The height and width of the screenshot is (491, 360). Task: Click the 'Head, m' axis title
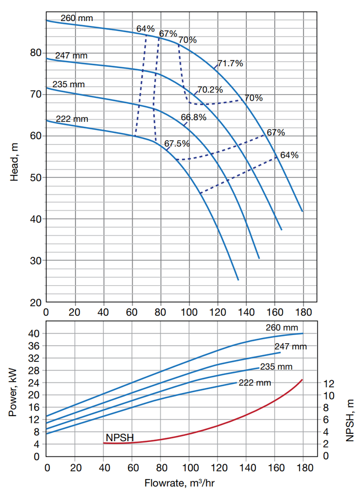coord(14,163)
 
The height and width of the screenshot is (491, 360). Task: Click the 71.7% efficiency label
coord(230,63)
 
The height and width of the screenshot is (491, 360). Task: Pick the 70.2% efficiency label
coord(210,90)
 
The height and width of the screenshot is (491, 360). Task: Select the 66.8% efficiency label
coord(194,117)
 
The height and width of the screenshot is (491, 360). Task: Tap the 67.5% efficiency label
coord(177,144)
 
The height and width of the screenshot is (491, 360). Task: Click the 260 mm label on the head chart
coord(76,19)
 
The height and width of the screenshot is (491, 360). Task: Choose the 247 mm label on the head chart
coord(71,56)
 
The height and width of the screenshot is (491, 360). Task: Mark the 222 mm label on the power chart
coord(255,383)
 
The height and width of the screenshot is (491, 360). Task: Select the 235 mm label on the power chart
coord(276,367)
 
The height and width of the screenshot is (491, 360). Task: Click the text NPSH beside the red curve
coord(120,438)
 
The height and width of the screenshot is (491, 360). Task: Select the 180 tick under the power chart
coord(303,467)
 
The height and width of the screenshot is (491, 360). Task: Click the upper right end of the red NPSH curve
coord(302,380)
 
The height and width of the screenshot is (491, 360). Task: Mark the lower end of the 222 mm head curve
coord(238,280)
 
